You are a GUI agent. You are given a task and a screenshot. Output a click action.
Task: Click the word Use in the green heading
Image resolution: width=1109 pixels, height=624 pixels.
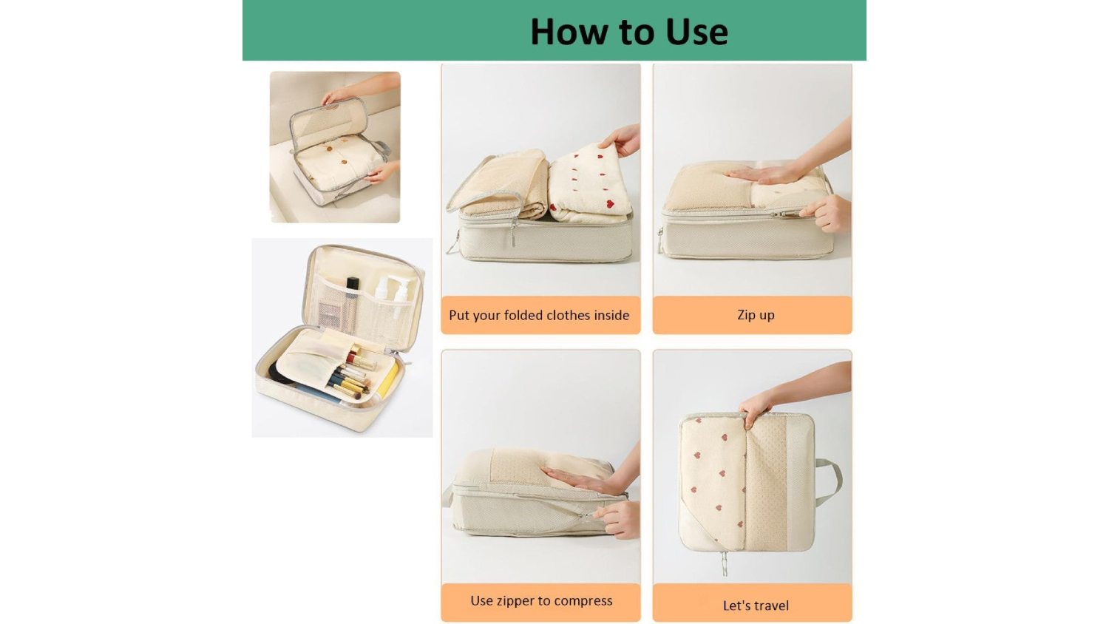point(696,32)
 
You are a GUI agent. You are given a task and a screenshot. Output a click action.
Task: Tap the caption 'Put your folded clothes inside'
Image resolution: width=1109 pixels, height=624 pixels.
point(539,316)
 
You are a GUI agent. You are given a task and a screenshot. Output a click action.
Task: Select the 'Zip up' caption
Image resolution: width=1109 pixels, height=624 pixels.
point(756,315)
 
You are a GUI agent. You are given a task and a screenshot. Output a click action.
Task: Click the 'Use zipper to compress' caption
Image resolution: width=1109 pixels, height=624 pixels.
point(541,601)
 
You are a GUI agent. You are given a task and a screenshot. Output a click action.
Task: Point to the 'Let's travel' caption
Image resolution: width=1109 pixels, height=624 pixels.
point(756,606)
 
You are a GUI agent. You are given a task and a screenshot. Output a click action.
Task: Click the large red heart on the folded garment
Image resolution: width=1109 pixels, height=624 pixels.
point(609,203)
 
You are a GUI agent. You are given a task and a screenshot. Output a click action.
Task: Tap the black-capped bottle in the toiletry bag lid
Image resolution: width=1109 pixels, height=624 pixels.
point(352,304)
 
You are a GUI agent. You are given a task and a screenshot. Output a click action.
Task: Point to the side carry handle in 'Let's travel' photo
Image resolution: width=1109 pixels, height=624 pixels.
point(830,482)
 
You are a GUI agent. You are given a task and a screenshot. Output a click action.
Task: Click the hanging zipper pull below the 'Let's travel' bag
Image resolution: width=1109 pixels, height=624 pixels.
point(725,563)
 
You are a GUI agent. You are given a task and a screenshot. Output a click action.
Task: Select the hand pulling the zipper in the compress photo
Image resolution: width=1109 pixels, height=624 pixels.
point(617,519)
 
